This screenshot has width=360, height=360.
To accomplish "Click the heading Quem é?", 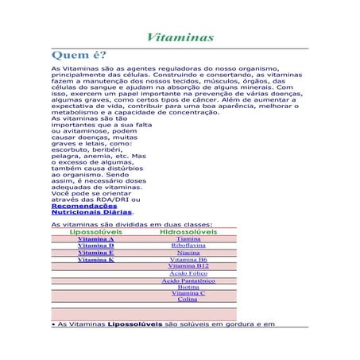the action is coord(77,56).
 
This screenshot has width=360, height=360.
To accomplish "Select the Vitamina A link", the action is coord(95,238).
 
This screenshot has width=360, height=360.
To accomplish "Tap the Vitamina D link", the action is coord(95,246).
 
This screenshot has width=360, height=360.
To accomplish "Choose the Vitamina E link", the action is coord(95,253).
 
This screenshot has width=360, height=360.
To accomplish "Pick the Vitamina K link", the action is coord(95,260).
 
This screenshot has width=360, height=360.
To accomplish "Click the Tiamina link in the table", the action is coord(188,238).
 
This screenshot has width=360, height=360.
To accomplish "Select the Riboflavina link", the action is coord(188,246).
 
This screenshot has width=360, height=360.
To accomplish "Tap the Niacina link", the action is coord(188,253).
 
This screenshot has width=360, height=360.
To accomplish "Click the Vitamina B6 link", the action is coord(188,260).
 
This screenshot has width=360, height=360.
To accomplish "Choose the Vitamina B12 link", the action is coord(188,265).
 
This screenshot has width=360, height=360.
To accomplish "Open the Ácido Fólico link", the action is coord(188,273).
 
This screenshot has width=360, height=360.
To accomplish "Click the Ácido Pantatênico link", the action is coord(188,281).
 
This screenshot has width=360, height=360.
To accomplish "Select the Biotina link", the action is coord(188,287).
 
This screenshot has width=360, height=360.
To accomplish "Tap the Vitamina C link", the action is coord(188,293).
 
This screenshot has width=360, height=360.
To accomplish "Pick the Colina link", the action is coord(188,300).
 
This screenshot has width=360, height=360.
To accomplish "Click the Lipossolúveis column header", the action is coord(95,231).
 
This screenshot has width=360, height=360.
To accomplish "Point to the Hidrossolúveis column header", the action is coord(188,231).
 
